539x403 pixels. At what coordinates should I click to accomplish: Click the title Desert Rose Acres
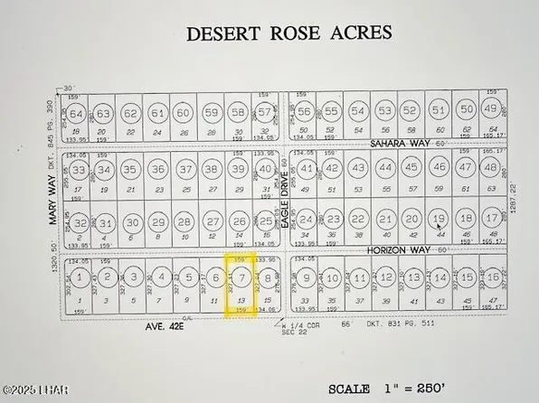pos(288,34)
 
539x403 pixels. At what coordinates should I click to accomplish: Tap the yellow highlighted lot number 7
pos(241,277)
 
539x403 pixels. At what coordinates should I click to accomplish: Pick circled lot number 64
pos(78,114)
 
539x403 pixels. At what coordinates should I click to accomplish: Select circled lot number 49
pos(492,109)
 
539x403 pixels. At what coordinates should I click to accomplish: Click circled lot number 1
pos(81,277)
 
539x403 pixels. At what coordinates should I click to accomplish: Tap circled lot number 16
pos(493,277)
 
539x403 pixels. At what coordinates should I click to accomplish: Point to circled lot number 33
pos(80,170)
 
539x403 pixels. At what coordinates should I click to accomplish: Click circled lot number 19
pos(440,220)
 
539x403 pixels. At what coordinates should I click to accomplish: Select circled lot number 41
pos(307,168)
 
